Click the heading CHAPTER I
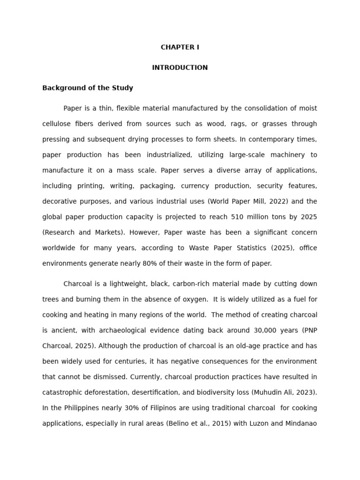pos(180,47)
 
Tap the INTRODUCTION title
pos(180,68)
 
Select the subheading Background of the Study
pos(88,88)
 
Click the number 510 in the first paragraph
pos(237,217)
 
